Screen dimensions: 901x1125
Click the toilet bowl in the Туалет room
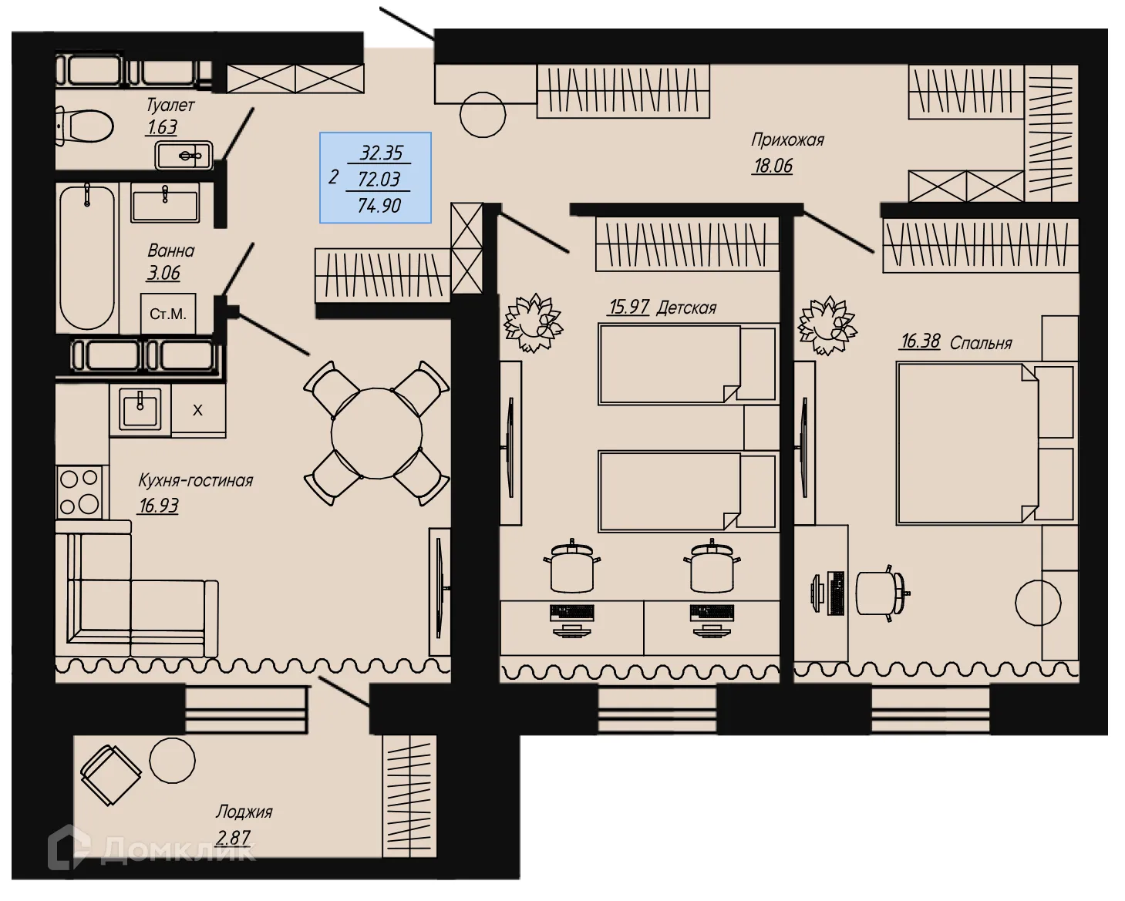[x=85, y=125]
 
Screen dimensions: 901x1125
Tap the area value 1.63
[x=161, y=127]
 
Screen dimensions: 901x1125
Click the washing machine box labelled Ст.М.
[x=168, y=314]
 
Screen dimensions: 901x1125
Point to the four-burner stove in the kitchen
[x=80, y=492]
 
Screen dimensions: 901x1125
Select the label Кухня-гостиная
[x=195, y=481]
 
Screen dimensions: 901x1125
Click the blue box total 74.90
[x=379, y=206]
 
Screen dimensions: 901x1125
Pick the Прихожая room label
[x=787, y=140]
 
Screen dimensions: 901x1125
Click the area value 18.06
[x=772, y=166]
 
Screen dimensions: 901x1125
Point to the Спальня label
[x=980, y=343]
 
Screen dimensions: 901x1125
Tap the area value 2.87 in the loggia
[x=233, y=837]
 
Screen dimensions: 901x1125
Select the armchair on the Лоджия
[x=111, y=775]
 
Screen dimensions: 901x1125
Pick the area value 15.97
[x=628, y=307]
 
